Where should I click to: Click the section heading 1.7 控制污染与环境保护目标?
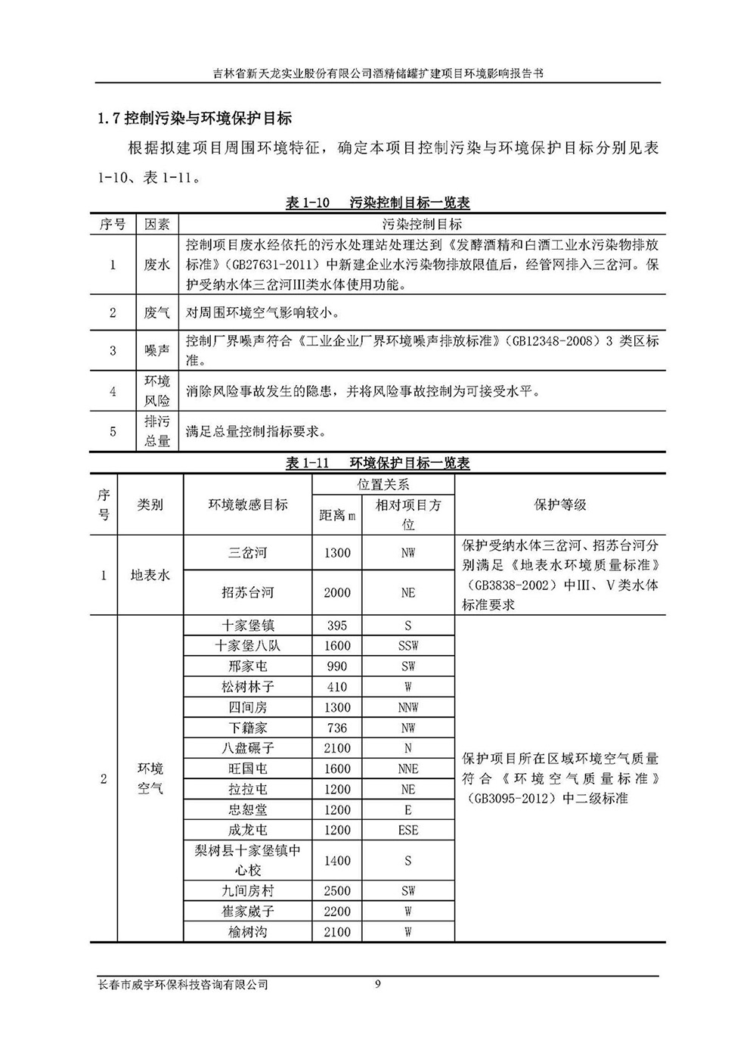tap(194, 118)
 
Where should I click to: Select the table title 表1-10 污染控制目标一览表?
tap(377, 203)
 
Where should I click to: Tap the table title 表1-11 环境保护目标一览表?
tap(377, 463)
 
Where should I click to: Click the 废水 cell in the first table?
tap(157, 265)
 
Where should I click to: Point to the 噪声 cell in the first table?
tap(157, 350)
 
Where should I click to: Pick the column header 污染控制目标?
tap(422, 224)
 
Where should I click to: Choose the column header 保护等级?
tap(559, 505)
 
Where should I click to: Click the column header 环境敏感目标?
tap(248, 505)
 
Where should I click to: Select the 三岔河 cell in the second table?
tap(248, 553)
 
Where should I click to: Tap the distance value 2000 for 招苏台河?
tap(337, 592)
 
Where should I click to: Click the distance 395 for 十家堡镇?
tap(337, 626)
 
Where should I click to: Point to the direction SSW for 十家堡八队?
tap(408, 646)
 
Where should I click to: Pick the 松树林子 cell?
tap(248, 687)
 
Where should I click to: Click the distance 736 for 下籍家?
tap(337, 728)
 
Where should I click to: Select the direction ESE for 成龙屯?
tap(408, 830)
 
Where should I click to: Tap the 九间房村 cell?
tap(248, 891)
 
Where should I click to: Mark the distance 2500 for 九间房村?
tap(337, 891)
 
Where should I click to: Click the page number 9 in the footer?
tap(378, 984)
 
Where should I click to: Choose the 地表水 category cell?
tap(150, 575)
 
